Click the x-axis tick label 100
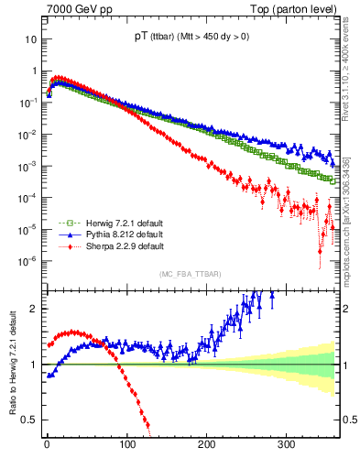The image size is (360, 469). [x=126, y=444]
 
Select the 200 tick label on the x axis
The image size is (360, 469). [x=207, y=444]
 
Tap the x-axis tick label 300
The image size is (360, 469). [x=287, y=444]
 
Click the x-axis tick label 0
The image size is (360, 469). [x=47, y=444]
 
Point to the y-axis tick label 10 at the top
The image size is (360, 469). [x=30, y=40]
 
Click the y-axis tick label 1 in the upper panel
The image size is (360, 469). [x=33, y=71]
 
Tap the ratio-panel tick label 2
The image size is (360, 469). [x=33, y=308]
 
